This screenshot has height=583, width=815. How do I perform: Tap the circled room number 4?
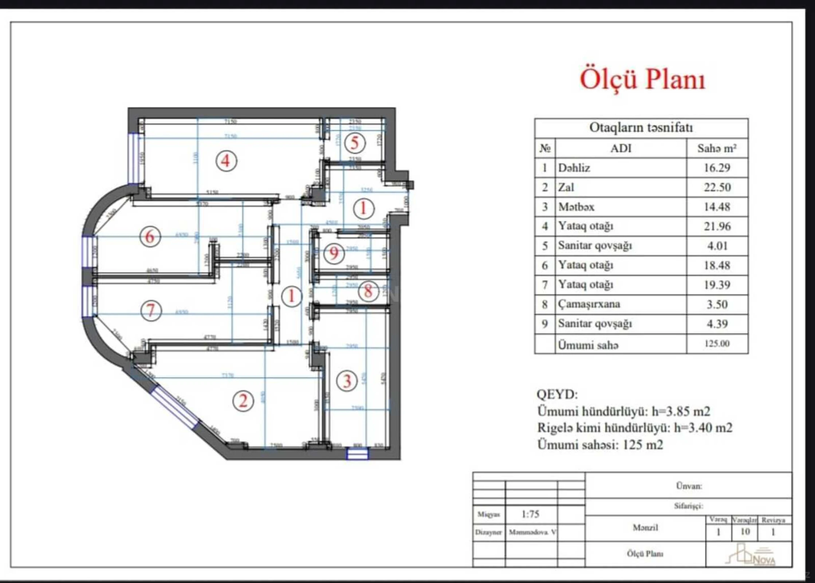[226, 161]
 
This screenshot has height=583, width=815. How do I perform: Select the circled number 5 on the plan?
[354, 143]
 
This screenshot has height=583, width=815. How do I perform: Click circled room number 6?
[150, 237]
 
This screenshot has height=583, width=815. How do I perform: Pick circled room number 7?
[151, 310]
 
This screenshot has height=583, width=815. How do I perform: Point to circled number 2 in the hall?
[243, 401]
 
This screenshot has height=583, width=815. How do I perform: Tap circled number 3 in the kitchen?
[347, 381]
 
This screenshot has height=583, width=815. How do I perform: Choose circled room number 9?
[334, 253]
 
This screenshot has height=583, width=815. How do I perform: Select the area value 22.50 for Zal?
[717, 187]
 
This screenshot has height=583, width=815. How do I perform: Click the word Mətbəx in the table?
[576, 207]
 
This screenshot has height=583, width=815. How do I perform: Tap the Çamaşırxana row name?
[589, 304]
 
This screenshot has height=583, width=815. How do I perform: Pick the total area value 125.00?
[717, 344]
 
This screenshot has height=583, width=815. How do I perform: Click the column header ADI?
[621, 148]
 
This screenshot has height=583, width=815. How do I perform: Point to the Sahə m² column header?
[717, 148]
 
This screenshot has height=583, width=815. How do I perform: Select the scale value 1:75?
[530, 514]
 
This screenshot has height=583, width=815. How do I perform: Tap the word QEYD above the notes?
[557, 394]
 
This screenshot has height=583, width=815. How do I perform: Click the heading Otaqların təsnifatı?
[641, 128]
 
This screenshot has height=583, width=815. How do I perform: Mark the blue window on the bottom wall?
[357, 454]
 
